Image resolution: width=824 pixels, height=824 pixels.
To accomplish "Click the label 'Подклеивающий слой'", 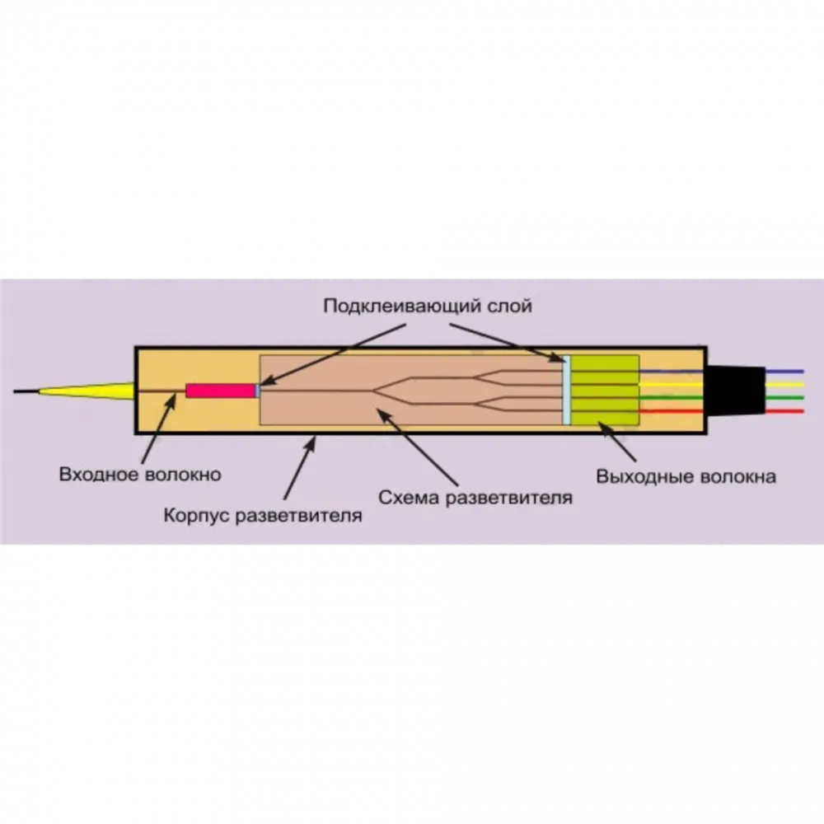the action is pyautogui.click(x=427, y=306).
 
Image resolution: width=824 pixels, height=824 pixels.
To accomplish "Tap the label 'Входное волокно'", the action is pyautogui.click(x=140, y=475).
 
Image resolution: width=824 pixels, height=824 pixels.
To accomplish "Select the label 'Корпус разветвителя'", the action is pyautogui.click(x=263, y=516).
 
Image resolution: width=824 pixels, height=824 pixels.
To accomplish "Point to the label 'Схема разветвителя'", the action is pyautogui.click(x=475, y=497).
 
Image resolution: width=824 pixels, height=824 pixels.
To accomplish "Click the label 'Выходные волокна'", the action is pyautogui.click(x=686, y=476).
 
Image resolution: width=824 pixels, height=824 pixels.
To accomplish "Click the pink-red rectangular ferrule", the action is pyautogui.click(x=221, y=391).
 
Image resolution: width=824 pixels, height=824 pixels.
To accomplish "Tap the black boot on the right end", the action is pyautogui.click(x=736, y=390).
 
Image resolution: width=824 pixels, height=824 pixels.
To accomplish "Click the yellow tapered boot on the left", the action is pyautogui.click(x=87, y=391).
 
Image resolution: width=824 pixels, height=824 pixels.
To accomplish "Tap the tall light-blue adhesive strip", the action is pyautogui.click(x=566, y=390).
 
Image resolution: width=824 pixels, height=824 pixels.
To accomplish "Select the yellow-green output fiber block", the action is pyautogui.click(x=604, y=390).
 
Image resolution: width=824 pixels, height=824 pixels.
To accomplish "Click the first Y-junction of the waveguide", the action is pyautogui.click(x=374, y=391).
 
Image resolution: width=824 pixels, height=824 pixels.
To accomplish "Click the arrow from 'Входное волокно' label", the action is pyautogui.click(x=158, y=429).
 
